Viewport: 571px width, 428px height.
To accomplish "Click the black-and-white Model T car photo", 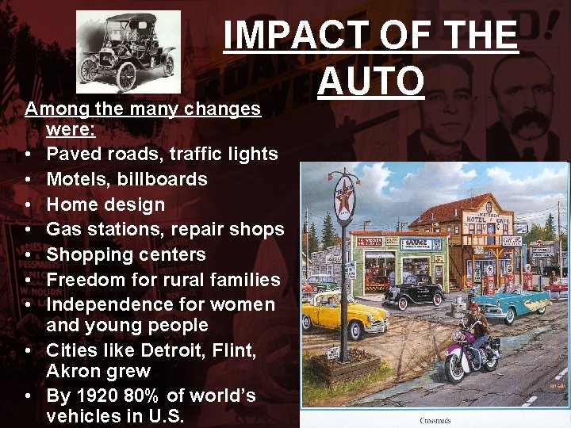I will (127, 52).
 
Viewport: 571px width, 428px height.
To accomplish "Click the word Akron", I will (74, 371).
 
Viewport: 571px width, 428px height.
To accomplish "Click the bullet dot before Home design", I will (28, 205).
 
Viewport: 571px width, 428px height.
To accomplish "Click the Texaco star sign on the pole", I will (343, 198).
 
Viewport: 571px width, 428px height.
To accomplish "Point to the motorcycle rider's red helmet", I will (474, 307).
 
